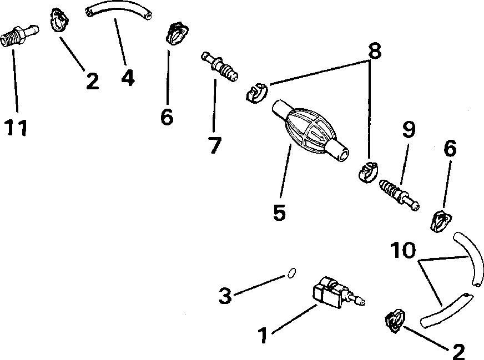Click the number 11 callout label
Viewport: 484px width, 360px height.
pos(17,127)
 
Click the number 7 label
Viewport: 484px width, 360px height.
pos(214,145)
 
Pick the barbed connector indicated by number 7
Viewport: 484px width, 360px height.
pos(220,66)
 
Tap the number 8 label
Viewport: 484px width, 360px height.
pos(375,51)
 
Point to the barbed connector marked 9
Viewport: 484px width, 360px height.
pos(398,193)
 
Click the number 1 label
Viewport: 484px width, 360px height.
pos(264,334)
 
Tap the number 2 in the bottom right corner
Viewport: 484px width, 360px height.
pos(458,351)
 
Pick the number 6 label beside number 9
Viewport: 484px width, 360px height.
pos(449,149)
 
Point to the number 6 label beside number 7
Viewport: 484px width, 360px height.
pos(167,116)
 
